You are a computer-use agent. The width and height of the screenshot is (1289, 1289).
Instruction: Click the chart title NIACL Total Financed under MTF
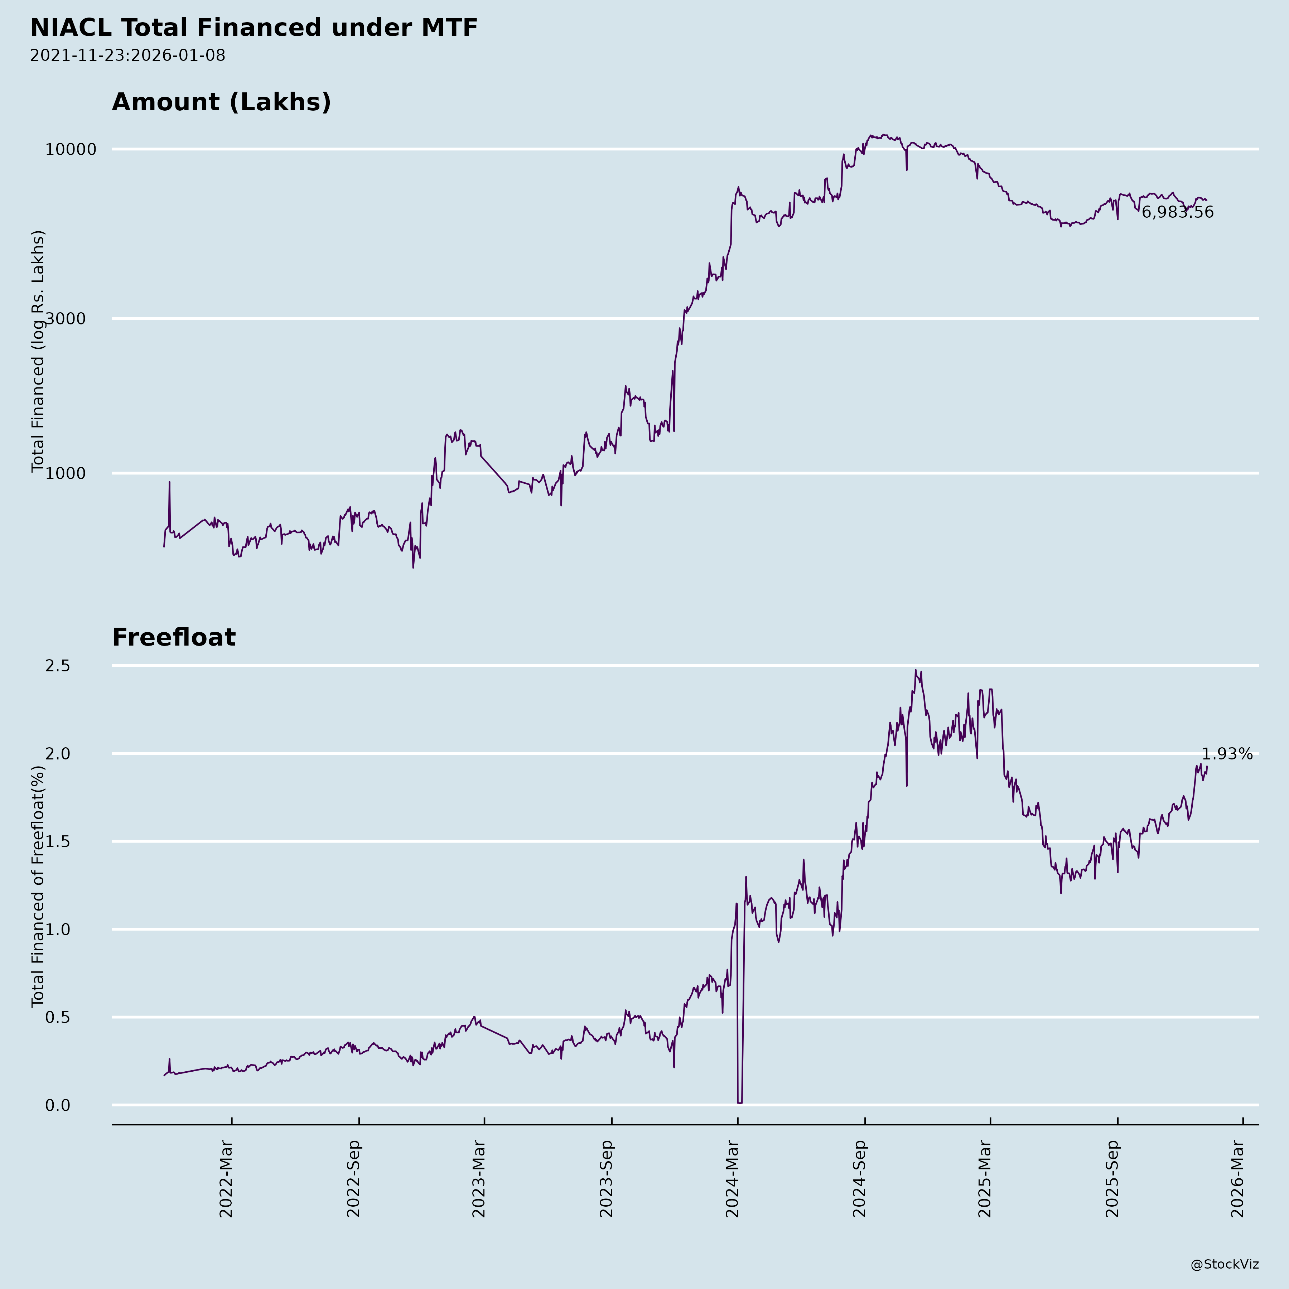[x=254, y=28]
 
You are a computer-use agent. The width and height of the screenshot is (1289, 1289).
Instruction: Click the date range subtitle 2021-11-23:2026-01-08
[x=127, y=55]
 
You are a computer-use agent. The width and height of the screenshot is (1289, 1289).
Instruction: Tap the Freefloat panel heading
[x=173, y=637]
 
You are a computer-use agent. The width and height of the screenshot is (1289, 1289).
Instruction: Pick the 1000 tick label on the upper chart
[x=67, y=474]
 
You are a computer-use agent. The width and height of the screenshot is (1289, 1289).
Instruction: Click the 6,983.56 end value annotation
[x=1177, y=213]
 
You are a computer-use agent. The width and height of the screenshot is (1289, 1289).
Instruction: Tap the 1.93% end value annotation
[x=1226, y=754]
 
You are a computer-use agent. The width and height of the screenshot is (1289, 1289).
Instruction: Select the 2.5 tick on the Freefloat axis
[x=57, y=666]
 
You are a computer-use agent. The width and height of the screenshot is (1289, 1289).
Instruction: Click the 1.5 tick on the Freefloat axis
[x=57, y=842]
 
